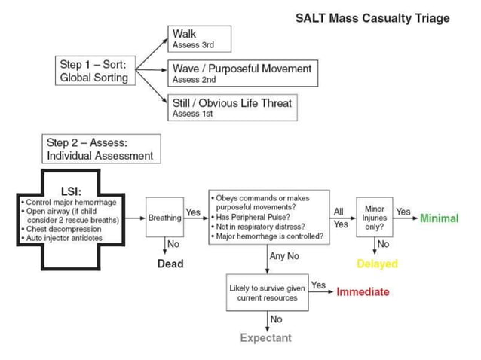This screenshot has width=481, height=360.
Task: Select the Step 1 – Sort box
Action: (94, 71)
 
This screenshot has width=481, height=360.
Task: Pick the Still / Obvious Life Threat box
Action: (231, 107)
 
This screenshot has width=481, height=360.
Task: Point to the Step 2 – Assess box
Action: (100, 149)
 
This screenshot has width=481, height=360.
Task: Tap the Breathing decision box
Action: (164, 218)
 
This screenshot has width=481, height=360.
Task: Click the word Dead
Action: (170, 264)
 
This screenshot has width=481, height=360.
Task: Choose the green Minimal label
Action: (439, 218)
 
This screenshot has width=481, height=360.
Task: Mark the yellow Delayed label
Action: (377, 264)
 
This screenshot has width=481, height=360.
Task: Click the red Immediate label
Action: (363, 292)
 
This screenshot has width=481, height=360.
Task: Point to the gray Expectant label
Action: (265, 338)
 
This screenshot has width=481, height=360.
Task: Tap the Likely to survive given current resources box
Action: (267, 292)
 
